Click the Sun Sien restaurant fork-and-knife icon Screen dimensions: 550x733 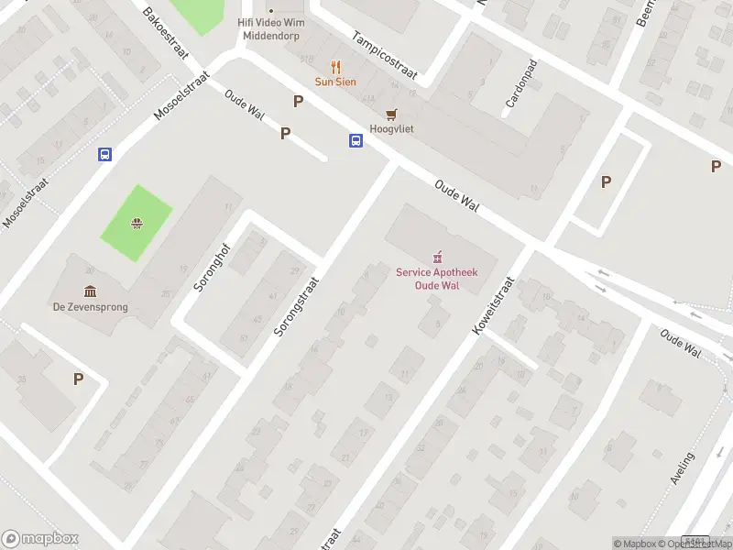[x=335, y=67]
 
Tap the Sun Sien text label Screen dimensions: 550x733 [x=335, y=82]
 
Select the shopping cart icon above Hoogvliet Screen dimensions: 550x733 [x=392, y=114]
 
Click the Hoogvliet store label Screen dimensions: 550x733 [x=391, y=129]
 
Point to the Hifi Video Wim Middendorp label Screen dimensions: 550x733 [x=270, y=28]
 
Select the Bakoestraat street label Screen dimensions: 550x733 [x=166, y=34]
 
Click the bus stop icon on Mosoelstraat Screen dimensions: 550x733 [x=105, y=155]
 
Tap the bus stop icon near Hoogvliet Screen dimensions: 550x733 [x=356, y=140]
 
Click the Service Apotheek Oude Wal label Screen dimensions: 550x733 [x=437, y=279]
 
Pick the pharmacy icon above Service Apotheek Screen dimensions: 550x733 [x=437, y=256]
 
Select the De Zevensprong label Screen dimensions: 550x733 [x=90, y=307]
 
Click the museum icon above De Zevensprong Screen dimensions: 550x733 [x=90, y=291]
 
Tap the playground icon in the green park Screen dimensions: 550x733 [x=137, y=222]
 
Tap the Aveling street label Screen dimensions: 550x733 [x=683, y=467]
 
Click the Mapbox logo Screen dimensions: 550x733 [x=39, y=539]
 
